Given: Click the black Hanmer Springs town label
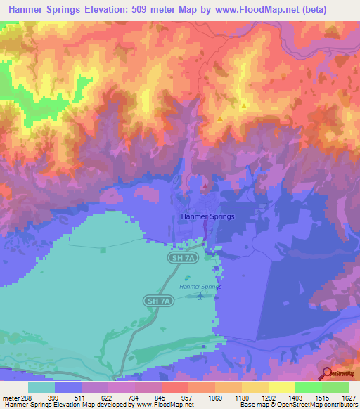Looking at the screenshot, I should [x=207, y=217].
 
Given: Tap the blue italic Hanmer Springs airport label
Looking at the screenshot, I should [x=200, y=287].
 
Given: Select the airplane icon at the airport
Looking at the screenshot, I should [x=200, y=296].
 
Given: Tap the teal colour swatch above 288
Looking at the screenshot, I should [x=41, y=387].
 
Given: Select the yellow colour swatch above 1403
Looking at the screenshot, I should [x=281, y=387].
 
